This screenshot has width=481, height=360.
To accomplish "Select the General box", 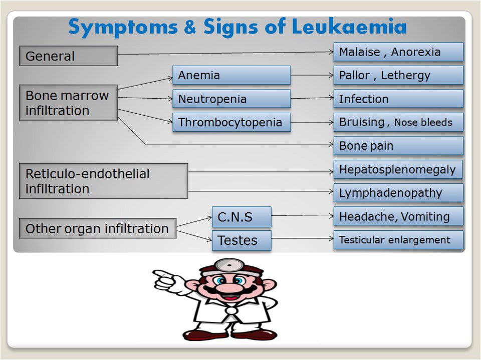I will pos(68,56).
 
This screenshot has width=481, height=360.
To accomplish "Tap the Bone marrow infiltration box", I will pos(68,103).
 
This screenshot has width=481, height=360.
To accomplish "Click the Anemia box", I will pos(231,75).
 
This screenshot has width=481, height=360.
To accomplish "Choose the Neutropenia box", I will pos(231,99).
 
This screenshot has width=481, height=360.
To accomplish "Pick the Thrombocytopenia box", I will pos(231,122).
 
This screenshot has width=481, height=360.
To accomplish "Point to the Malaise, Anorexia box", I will pos(398,52).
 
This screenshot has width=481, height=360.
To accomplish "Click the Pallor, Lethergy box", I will pos(398,75).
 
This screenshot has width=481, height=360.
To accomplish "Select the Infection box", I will pos(398,99).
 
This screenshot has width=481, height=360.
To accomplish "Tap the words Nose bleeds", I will pos(423,123).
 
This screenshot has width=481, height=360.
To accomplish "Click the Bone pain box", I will pos(398,146).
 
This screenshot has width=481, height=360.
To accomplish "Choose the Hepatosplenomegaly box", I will pos(398,169).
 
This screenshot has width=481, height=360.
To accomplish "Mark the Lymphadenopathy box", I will pos(398,193).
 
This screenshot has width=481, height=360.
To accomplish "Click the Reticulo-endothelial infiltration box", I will pos(103,181).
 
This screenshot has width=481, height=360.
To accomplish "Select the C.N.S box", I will pos(242,217).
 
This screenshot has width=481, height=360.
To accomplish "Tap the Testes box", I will pos(242,240).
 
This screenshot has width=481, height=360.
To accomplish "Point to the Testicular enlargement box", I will pos(398,240).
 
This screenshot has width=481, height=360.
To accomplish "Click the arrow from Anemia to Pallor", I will pos(312,76).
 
